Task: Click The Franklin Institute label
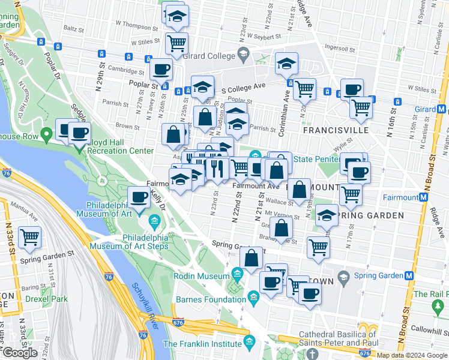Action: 202,344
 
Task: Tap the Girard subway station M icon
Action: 441,109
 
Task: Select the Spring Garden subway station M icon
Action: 410,275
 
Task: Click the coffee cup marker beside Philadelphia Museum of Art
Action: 139,196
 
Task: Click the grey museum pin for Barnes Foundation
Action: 253,297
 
